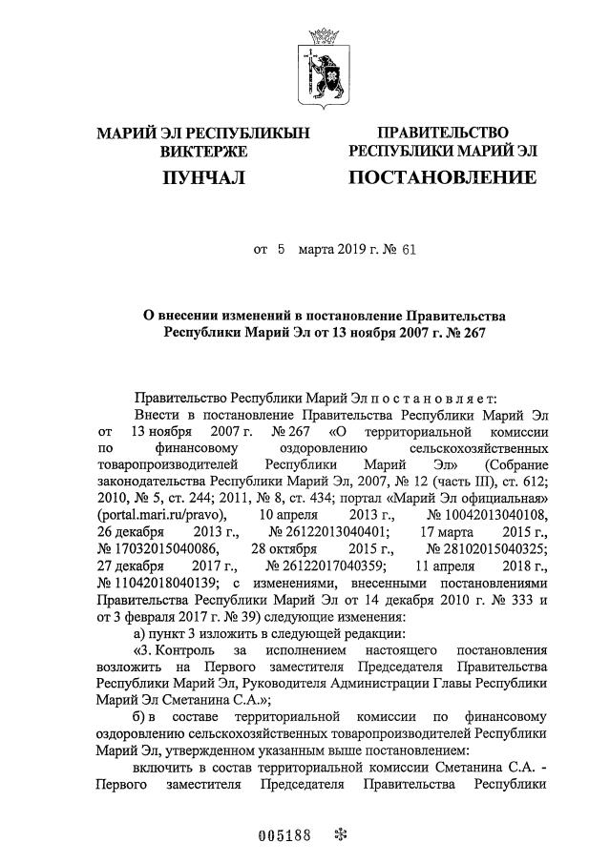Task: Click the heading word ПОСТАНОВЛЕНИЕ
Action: pos(442,177)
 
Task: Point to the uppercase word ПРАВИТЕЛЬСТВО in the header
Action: pos(442,132)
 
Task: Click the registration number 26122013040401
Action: pos(328,531)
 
